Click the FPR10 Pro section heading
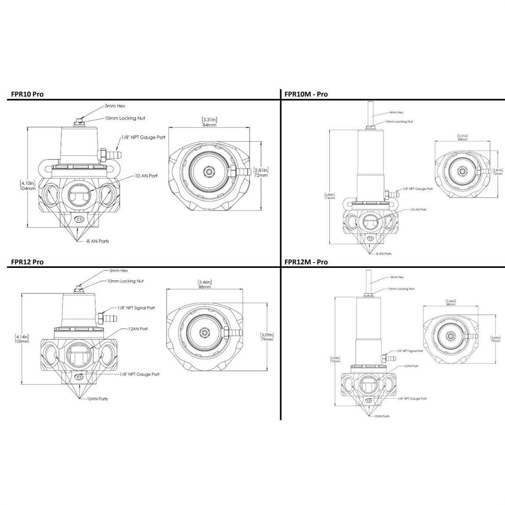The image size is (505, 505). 27,94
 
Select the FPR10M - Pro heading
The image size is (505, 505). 306,94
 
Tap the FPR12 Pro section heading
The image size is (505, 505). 27,262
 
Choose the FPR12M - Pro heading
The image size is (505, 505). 306,262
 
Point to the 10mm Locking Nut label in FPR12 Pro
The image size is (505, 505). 125,281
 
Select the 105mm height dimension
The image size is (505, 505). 22,341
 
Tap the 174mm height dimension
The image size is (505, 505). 330,198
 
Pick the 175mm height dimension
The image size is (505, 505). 335,361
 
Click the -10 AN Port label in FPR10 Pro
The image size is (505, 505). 146,176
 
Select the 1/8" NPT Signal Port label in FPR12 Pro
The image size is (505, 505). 136,308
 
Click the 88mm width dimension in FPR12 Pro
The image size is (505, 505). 204,287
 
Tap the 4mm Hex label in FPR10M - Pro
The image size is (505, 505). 397,112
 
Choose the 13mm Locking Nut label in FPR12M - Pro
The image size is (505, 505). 400,289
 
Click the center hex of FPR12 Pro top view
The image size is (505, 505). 204,332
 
